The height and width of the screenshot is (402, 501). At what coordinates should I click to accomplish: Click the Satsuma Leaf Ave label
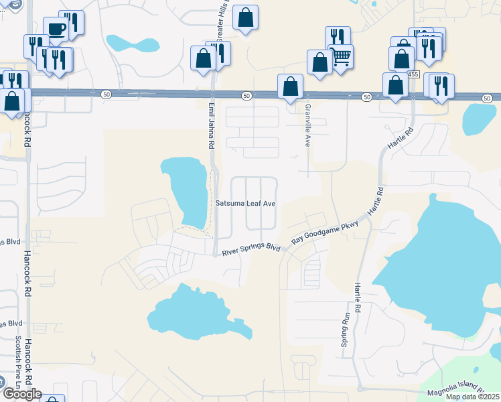click(245, 203)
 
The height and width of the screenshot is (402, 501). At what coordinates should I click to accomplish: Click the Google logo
click(21, 394)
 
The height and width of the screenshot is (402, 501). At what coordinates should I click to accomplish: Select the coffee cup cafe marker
click(56, 29)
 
